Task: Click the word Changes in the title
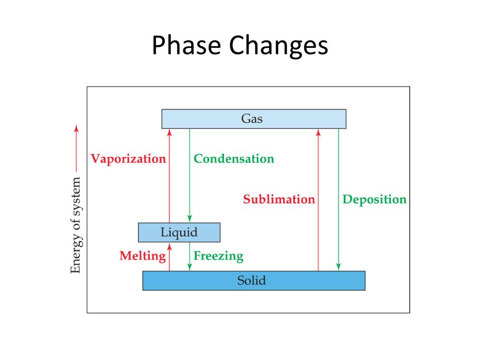[x=278, y=47]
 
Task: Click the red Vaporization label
[x=128, y=158]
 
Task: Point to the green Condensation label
[x=234, y=158]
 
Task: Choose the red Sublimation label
[x=279, y=199]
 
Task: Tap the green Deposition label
[x=375, y=199]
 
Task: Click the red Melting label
[x=142, y=256]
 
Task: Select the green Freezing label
[x=218, y=256]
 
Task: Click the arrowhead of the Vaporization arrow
[x=170, y=132]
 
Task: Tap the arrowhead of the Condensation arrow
[x=189, y=219]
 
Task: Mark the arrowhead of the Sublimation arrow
[x=318, y=132]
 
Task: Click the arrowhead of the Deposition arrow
[x=338, y=267]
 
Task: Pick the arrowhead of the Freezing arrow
[x=189, y=267]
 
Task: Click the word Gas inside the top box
[x=252, y=119]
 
